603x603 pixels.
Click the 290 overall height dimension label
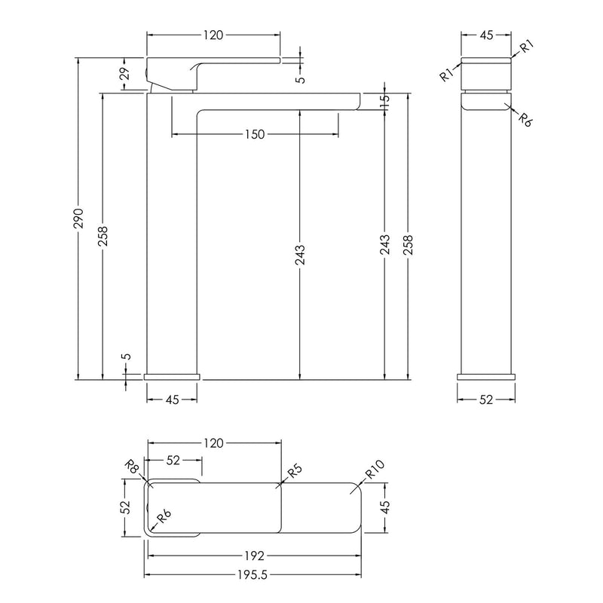point(79,218)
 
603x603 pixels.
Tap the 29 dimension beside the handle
point(125,73)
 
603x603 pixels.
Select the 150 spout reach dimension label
point(255,134)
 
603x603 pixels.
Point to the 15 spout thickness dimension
point(384,101)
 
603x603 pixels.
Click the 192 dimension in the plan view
point(255,556)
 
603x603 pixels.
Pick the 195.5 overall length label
point(253,574)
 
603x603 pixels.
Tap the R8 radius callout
point(132,467)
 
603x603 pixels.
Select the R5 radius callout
point(295,470)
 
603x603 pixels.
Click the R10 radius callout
point(375,469)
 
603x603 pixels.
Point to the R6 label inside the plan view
point(164,516)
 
